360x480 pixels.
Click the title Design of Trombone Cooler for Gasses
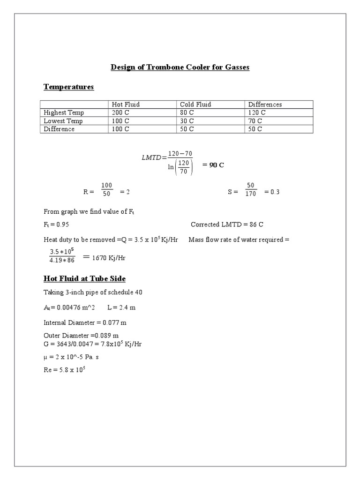pos(180,67)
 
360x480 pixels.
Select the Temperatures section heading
pos(68,87)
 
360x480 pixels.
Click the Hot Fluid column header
pos(126,105)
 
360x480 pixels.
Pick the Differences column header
pos(265,105)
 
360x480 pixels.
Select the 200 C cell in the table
pos(120,113)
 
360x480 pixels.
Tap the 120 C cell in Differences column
pos(257,113)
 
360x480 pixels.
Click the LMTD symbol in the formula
pos(151,158)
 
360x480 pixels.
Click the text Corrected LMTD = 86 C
pos(230,225)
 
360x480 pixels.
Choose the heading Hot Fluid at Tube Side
pos(84,279)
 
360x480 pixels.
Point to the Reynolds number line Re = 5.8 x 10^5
pos(64,370)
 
